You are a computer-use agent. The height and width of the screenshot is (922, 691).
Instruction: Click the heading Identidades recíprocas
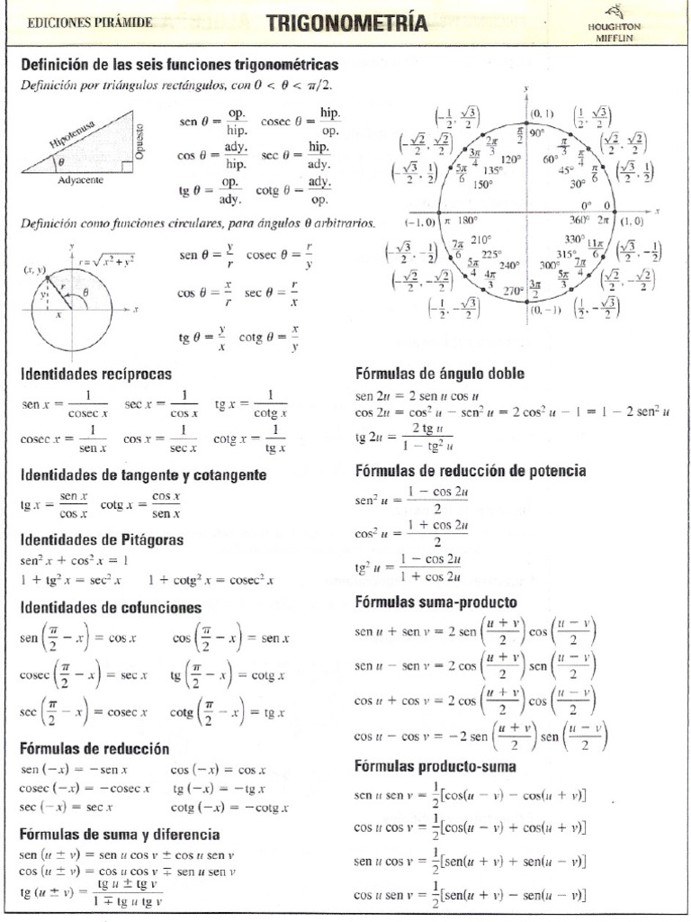click(95, 373)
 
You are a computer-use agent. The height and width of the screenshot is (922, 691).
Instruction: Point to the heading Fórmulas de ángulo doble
click(440, 373)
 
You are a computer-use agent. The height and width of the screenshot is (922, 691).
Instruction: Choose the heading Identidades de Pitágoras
click(102, 539)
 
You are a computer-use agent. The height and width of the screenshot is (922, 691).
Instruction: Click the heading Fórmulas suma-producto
click(436, 601)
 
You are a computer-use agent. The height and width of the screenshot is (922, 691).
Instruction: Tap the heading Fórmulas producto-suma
click(435, 767)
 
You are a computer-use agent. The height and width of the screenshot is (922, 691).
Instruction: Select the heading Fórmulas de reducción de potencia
click(471, 470)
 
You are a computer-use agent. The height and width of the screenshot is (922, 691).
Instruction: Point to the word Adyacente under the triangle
click(81, 180)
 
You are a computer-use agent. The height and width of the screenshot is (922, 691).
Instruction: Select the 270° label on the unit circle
click(515, 291)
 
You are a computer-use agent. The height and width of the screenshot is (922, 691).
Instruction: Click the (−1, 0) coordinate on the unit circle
click(420, 221)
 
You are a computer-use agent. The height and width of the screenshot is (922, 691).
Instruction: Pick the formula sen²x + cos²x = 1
click(74, 560)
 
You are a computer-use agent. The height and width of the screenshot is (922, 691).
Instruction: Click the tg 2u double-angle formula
click(405, 437)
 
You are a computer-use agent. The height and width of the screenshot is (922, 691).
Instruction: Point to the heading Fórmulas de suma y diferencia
click(120, 835)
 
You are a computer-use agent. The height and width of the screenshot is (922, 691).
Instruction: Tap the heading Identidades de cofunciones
click(111, 608)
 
